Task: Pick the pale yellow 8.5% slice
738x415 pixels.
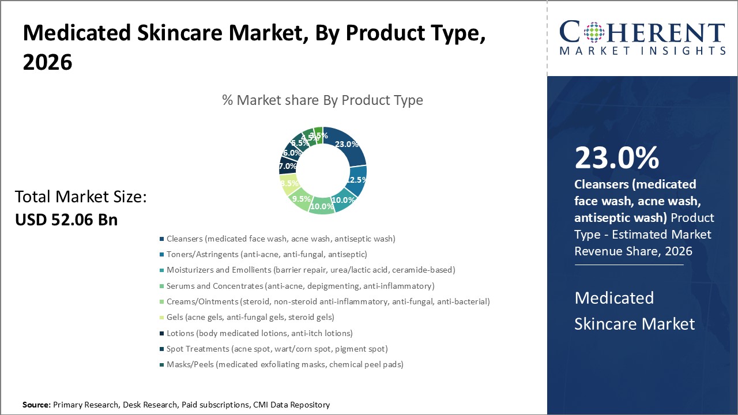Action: pyautogui.click(x=288, y=184)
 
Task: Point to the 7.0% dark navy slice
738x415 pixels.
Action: pyautogui.click(x=287, y=166)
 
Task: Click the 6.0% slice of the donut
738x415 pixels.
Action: pyautogui.click(x=291, y=153)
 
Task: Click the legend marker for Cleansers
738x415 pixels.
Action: pyautogui.click(x=161, y=239)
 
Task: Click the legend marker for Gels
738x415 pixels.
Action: pyautogui.click(x=161, y=318)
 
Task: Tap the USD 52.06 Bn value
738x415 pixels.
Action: pyautogui.click(x=66, y=220)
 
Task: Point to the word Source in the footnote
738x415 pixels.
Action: pyautogui.click(x=36, y=405)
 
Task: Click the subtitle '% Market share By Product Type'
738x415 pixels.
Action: pyautogui.click(x=322, y=100)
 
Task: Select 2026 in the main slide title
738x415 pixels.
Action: pyautogui.click(x=48, y=62)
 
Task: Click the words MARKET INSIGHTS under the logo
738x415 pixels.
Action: pyautogui.click(x=642, y=51)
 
